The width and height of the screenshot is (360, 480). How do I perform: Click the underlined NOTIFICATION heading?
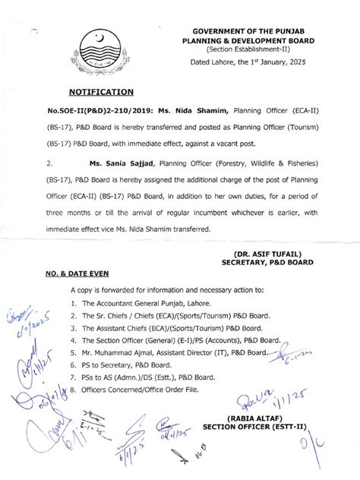(102, 92)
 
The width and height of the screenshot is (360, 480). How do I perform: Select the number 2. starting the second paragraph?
(49, 163)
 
